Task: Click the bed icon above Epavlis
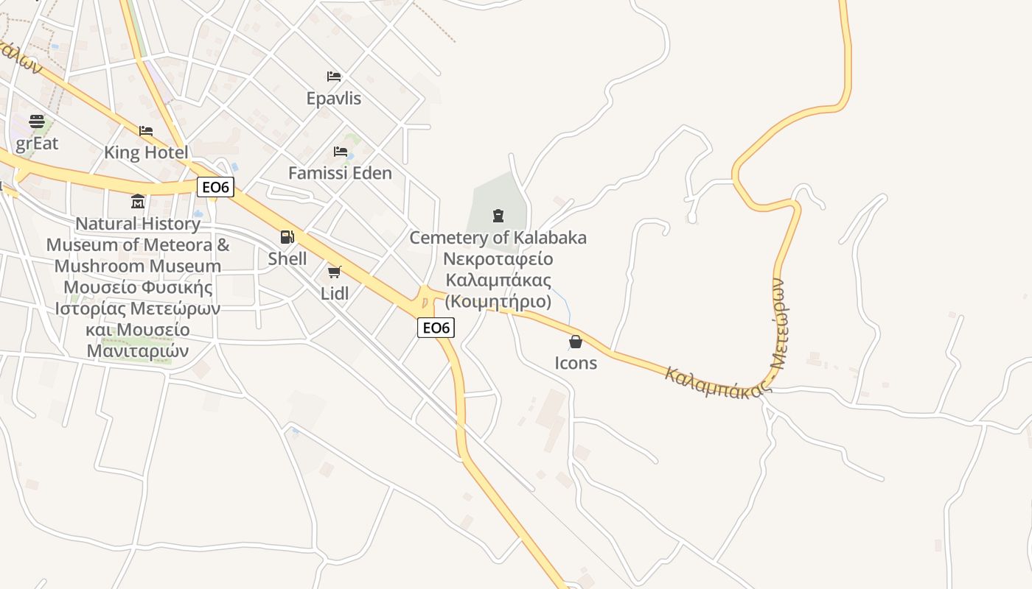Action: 334,77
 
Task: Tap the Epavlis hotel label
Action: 334,98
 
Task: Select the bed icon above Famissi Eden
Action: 340,152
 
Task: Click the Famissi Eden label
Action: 340,173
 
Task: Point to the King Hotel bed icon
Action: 146,131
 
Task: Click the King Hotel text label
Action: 146,152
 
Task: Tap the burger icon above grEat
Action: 37,121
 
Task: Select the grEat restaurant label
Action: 37,143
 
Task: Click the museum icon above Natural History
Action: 138,201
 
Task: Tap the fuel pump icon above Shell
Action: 287,237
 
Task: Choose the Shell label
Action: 287,258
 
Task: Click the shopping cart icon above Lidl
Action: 334,272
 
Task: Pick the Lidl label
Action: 334,294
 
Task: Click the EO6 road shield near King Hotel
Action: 216,187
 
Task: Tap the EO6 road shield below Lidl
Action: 436,328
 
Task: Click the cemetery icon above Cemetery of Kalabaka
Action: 498,216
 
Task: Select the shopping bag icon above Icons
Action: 576,342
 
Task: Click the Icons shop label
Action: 576,363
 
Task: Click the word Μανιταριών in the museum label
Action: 138,350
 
